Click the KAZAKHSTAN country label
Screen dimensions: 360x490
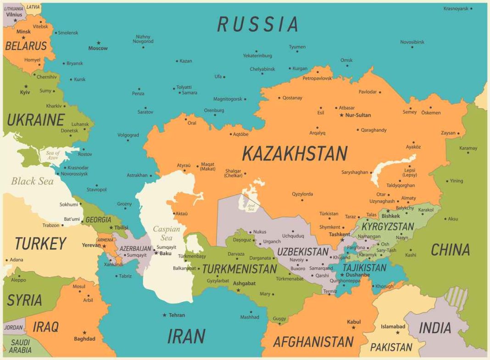[x=295, y=153]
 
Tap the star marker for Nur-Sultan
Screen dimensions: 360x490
[x=341, y=115]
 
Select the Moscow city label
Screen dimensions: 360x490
[x=98, y=48]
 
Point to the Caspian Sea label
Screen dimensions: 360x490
[x=166, y=233]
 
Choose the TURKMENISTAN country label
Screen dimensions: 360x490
[x=239, y=269]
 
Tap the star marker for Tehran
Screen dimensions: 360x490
[x=164, y=315]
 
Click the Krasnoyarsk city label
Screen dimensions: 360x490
[x=456, y=8]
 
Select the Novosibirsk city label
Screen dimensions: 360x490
[x=412, y=42]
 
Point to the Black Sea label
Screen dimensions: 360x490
[x=32, y=181]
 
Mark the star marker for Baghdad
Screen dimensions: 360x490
[x=84, y=332]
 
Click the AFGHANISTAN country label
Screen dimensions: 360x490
[x=313, y=342]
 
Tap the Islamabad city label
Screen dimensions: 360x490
[x=393, y=326]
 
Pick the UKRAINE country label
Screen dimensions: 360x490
[x=35, y=120]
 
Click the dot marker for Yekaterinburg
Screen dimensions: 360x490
[x=256, y=51]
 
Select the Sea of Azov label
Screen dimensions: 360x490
[x=53, y=155]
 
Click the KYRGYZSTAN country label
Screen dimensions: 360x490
[x=388, y=226]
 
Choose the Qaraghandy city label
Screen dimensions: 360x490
[x=373, y=130]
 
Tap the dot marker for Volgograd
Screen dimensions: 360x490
[x=128, y=141]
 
